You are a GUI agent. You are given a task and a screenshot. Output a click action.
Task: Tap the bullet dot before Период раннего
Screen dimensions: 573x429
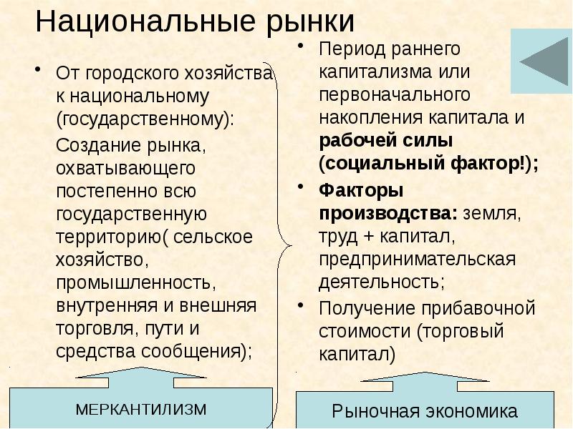coord(302,49)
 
